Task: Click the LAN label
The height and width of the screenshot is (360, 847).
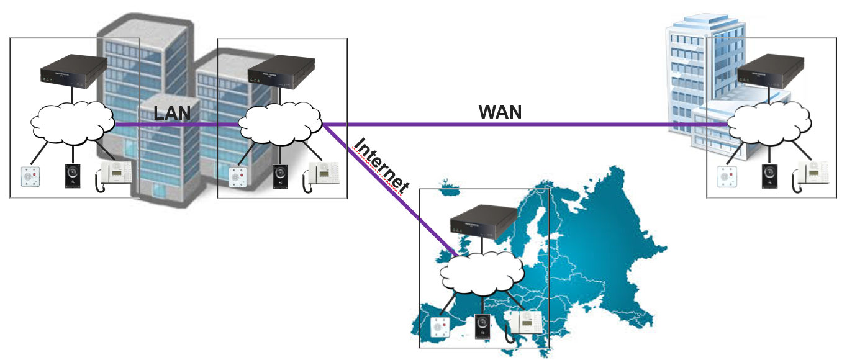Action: [172, 113]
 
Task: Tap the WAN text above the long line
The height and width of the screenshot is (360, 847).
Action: [500, 112]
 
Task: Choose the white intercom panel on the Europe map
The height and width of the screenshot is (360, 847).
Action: [440, 327]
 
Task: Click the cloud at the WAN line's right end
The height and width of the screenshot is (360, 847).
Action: [771, 123]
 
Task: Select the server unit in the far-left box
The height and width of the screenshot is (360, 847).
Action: [73, 70]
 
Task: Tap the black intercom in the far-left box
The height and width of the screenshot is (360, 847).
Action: [73, 175]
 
